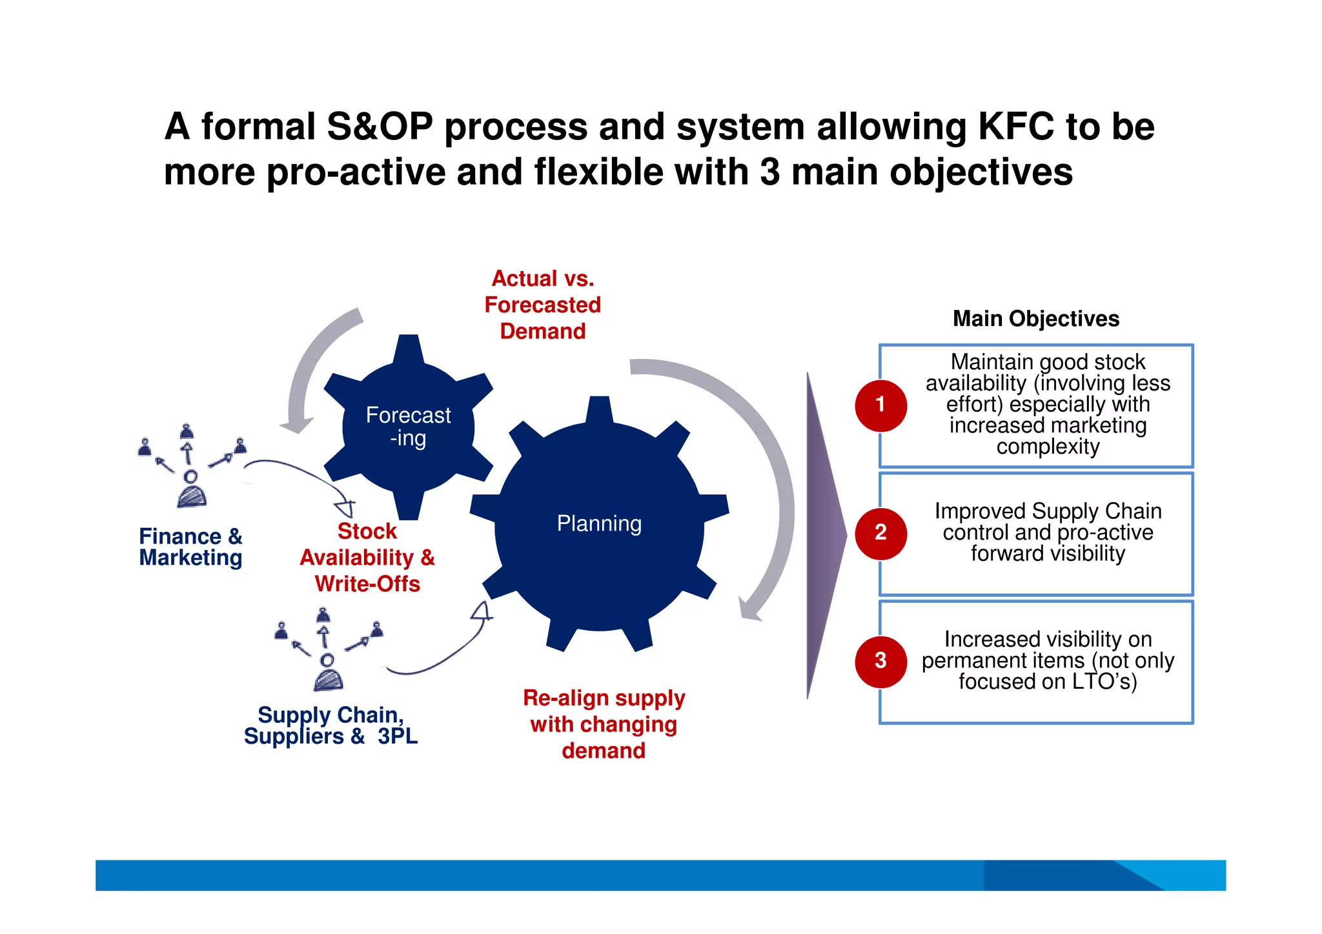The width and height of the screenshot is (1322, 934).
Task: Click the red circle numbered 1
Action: click(880, 405)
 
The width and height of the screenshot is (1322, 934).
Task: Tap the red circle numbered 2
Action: click(880, 533)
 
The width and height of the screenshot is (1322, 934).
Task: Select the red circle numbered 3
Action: click(880, 661)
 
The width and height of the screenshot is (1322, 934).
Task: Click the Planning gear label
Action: click(599, 523)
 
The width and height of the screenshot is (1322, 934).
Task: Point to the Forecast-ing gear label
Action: click(408, 427)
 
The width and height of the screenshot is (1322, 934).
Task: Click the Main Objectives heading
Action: click(1035, 319)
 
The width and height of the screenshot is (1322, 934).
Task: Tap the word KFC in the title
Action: click(1016, 127)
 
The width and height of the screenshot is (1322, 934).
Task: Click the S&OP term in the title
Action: click(379, 127)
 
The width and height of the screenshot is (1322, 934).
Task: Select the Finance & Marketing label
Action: click(190, 547)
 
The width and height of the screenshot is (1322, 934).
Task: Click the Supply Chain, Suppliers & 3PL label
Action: click(330, 726)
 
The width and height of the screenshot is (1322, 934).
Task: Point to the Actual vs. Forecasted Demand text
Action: click(542, 305)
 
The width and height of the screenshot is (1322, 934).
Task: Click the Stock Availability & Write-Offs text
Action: click(367, 558)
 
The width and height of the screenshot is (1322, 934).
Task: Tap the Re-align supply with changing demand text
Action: click(604, 724)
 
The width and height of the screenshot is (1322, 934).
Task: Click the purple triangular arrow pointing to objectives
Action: click(824, 536)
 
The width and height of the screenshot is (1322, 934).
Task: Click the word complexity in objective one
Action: click(1047, 447)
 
